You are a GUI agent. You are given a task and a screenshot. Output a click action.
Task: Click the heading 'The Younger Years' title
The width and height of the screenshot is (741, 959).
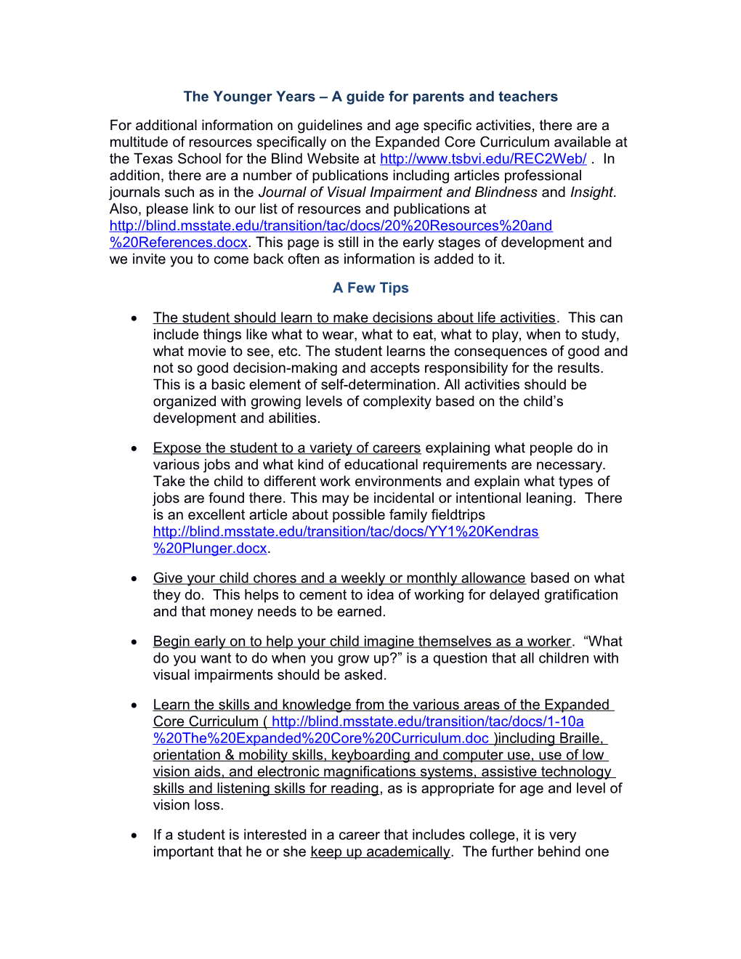[x=370, y=97]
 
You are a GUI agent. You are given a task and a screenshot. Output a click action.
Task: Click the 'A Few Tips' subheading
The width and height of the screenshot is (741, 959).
[x=370, y=288]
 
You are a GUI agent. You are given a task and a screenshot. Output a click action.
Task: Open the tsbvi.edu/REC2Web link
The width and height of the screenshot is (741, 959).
[x=483, y=159]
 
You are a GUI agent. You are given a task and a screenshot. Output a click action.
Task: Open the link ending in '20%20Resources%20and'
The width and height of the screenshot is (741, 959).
[x=331, y=226]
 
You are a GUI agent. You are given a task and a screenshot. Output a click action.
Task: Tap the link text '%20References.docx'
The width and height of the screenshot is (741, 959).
[x=179, y=243]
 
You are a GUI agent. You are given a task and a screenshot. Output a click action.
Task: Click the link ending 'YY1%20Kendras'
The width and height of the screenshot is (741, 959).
[x=346, y=532]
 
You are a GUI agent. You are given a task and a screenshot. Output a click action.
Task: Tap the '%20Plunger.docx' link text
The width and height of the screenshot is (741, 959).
[x=210, y=549]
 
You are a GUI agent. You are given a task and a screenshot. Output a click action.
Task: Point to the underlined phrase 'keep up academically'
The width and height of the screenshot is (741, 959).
[x=380, y=852]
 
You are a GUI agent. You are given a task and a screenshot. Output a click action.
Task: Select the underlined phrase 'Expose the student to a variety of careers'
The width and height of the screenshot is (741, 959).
[x=287, y=448]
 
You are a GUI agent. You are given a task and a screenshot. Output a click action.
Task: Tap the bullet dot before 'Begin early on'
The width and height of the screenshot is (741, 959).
[x=134, y=642]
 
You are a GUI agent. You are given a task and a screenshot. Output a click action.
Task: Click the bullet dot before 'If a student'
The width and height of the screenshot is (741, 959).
[x=134, y=835]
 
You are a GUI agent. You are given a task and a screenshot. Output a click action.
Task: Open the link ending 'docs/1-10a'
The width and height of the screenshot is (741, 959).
[x=427, y=722]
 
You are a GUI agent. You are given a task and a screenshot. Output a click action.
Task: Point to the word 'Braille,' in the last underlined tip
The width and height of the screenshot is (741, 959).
[x=580, y=739]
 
